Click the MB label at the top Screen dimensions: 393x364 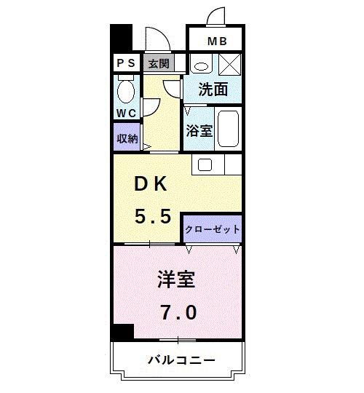click(x=217, y=41)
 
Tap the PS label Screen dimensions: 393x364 click(x=125, y=63)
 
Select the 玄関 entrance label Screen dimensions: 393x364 click(x=159, y=63)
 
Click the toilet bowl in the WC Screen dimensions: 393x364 click(x=126, y=91)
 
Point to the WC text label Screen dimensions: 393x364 click(x=126, y=114)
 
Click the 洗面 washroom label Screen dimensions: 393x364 click(x=213, y=90)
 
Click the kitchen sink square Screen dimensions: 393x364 click(x=205, y=165)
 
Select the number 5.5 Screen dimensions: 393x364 click(x=151, y=216)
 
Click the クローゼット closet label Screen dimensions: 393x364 click(x=212, y=229)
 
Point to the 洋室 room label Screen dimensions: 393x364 click(x=177, y=279)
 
